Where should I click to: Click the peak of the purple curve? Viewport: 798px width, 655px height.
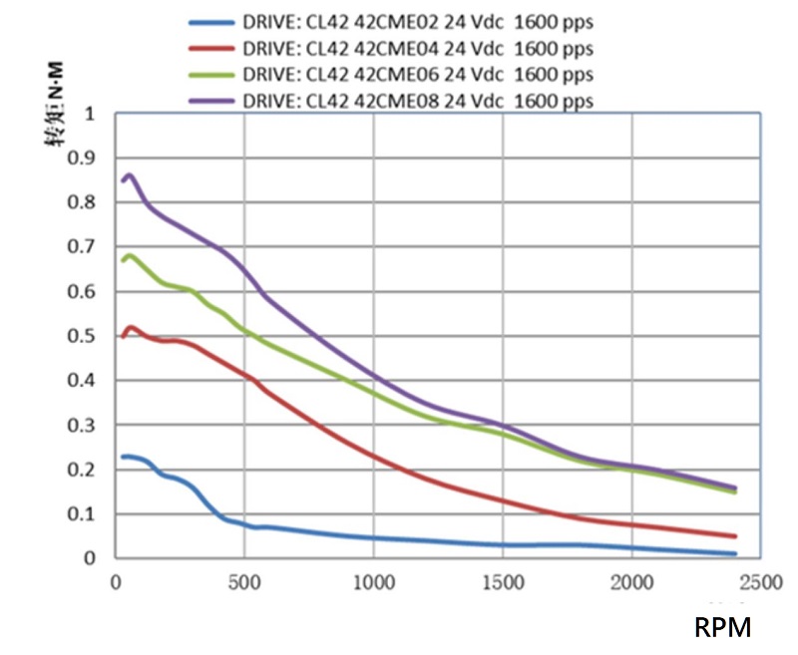(129, 175)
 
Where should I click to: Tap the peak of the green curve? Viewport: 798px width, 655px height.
(129, 255)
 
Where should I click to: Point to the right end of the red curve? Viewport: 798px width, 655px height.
(735, 536)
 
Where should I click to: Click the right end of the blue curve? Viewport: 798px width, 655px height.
(735, 553)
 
